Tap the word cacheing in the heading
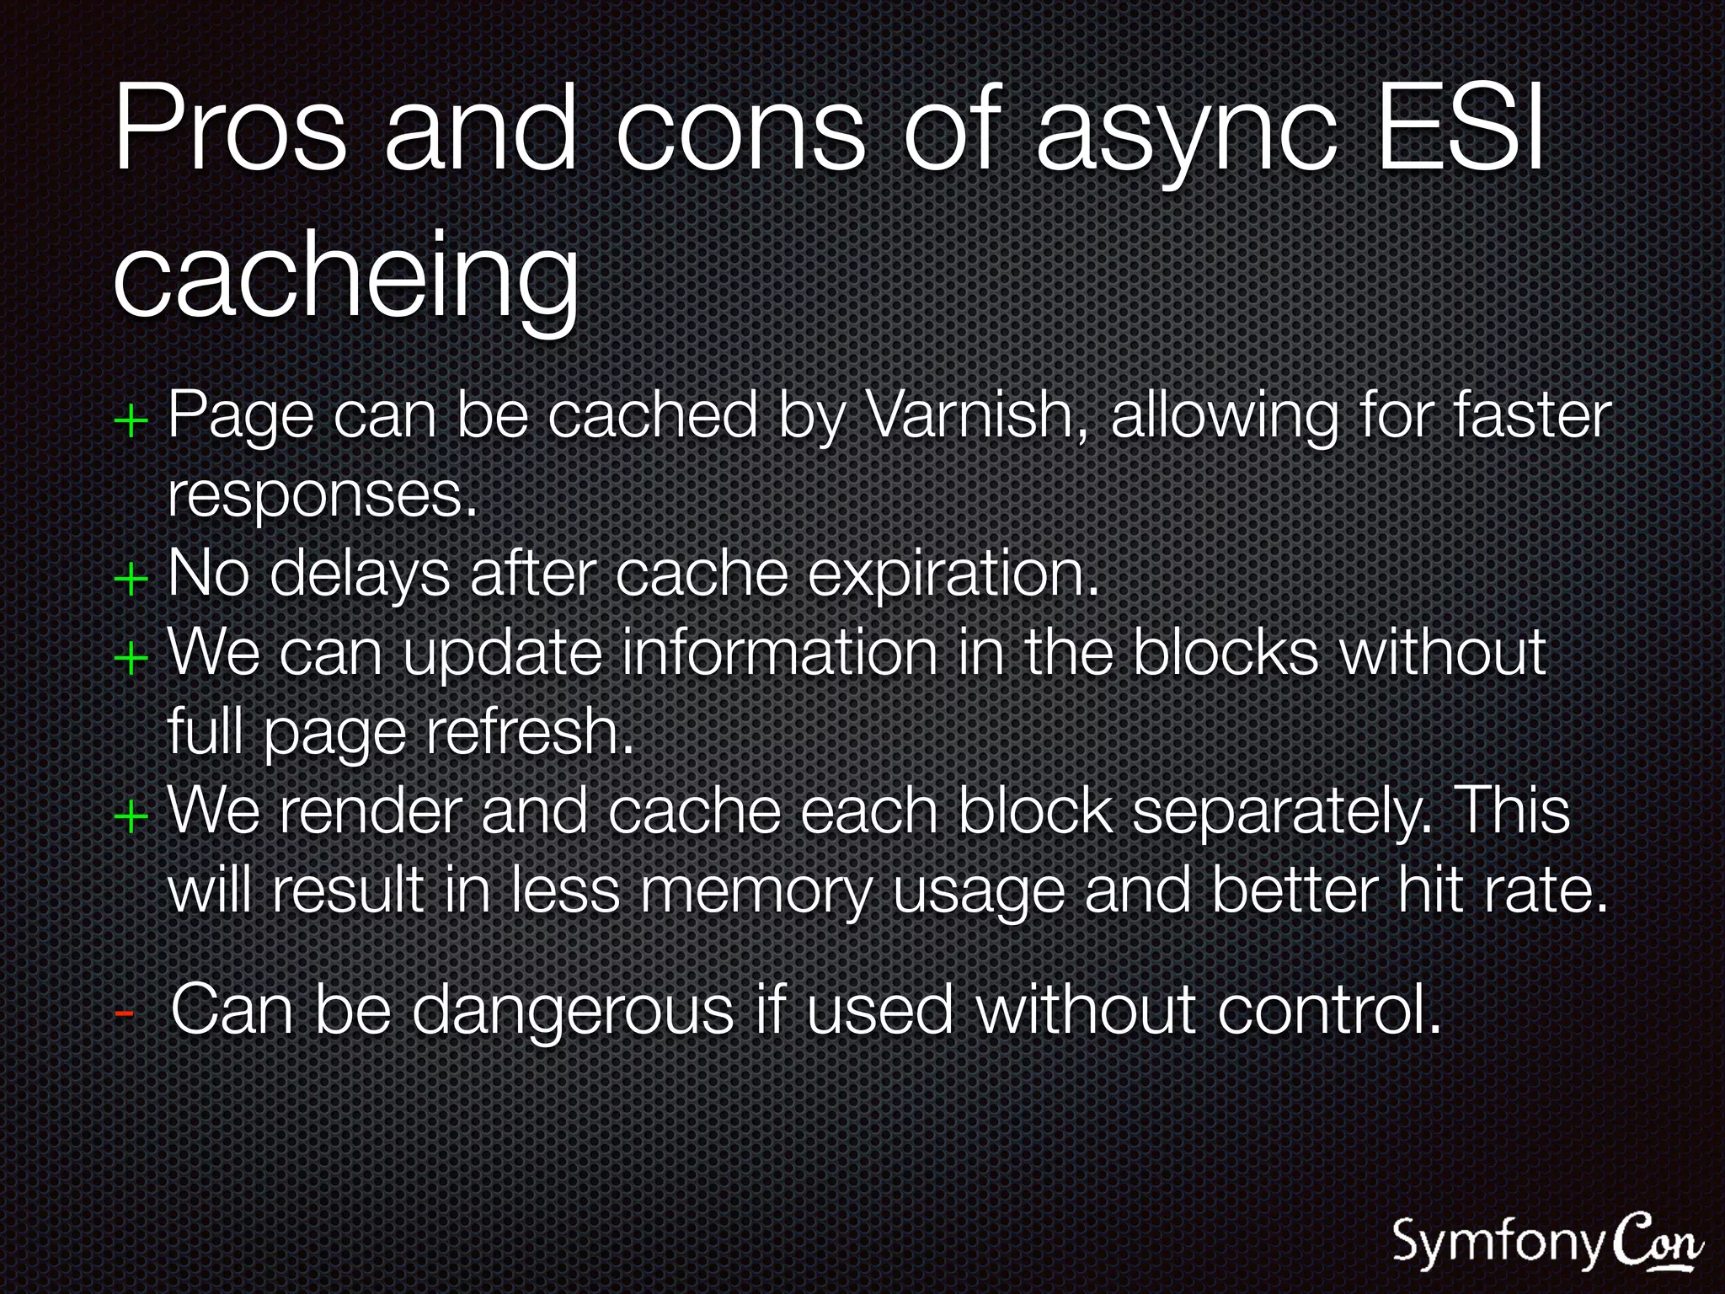346,275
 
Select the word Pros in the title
230,128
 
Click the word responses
323,495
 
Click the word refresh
529,731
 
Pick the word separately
1281,811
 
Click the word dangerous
573,1009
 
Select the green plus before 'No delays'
131,580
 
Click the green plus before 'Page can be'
131,420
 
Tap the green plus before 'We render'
131,815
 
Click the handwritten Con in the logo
1658,1241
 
